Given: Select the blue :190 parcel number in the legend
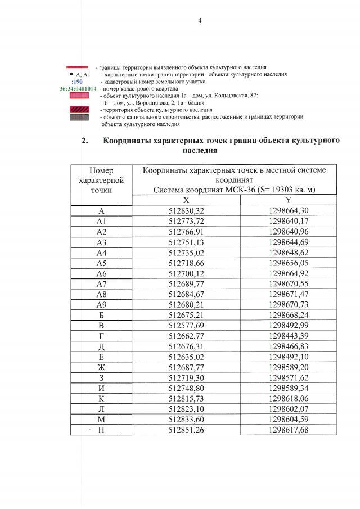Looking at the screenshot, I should click(x=77, y=82).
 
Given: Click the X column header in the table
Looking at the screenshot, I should click(x=186, y=200).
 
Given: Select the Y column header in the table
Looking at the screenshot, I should click(x=288, y=200).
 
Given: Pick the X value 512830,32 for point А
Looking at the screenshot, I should click(x=186, y=211).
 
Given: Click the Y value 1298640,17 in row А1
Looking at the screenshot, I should click(x=288, y=221).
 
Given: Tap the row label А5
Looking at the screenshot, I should click(x=101, y=263).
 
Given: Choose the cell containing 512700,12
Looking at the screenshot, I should click(x=186, y=273).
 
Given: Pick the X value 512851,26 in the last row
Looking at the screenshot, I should click(x=186, y=430).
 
